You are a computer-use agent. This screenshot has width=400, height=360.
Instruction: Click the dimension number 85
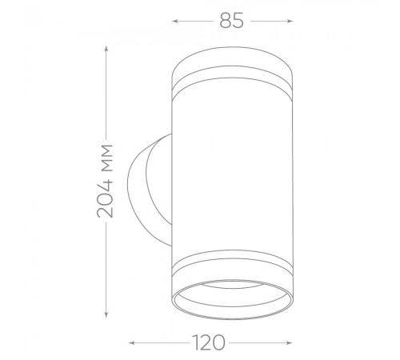231,21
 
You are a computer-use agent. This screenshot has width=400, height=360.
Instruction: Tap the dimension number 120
209,342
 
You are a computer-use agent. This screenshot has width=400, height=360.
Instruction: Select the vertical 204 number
106,198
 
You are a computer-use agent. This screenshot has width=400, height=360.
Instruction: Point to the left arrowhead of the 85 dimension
175,21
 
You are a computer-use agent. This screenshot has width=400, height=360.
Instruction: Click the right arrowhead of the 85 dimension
290,21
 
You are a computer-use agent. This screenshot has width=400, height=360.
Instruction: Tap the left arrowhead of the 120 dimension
132,342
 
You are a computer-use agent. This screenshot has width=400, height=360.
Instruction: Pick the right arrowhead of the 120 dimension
290,342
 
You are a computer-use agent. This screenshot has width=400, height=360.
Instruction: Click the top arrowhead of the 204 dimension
106,49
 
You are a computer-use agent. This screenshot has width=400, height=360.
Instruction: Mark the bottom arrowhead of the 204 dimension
106,314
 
